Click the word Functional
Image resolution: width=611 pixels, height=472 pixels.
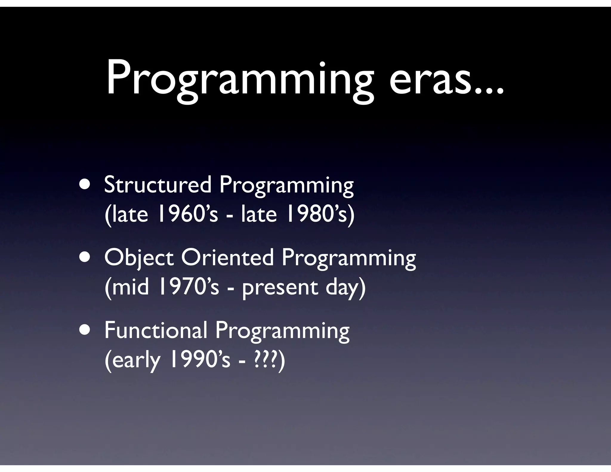[155, 331]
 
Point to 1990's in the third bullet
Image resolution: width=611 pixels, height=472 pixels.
[200, 360]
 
